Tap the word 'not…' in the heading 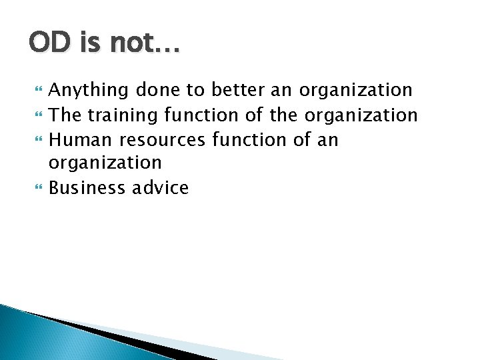[143, 43]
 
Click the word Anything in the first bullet [90, 90]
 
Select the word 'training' [118, 115]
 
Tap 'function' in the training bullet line [200, 115]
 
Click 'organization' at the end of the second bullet [361, 115]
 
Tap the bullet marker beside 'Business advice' [36, 189]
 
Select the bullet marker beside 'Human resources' [36, 140]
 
